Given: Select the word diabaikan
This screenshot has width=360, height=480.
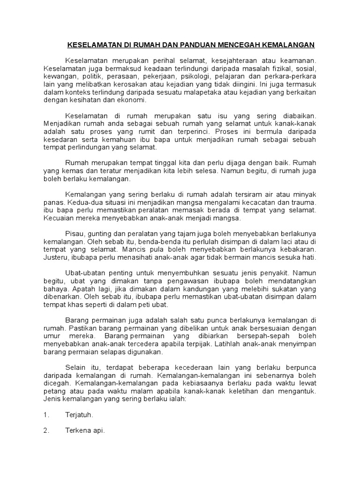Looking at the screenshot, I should click(x=296, y=115).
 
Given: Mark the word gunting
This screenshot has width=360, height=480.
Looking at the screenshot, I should click(x=100, y=234).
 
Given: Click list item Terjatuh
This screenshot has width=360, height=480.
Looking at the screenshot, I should click(x=78, y=415).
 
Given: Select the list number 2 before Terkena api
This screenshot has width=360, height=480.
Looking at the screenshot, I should click(x=46, y=431).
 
